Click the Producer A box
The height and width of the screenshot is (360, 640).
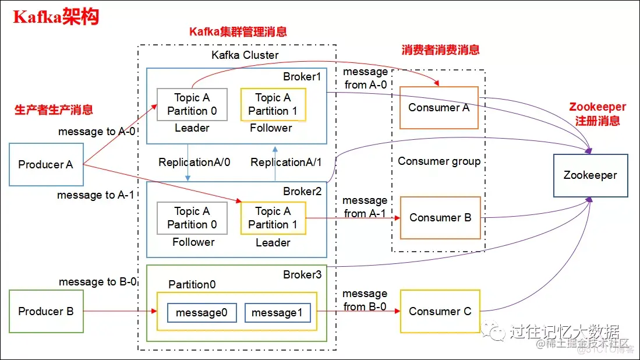(x=46, y=164)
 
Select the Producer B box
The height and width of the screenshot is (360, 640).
(x=46, y=311)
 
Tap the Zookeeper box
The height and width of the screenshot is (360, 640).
(x=590, y=175)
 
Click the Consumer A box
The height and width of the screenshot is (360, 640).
(x=439, y=108)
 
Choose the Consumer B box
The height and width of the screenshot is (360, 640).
(x=440, y=217)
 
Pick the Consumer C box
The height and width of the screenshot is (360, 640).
(x=440, y=311)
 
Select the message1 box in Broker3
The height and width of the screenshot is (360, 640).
(x=277, y=313)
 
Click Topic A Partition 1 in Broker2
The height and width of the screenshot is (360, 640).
(x=273, y=218)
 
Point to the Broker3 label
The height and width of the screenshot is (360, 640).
(x=302, y=275)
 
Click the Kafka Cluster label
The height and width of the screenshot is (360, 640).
(x=245, y=55)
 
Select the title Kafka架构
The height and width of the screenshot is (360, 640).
(x=56, y=17)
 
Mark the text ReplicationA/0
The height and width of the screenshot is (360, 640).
(x=194, y=163)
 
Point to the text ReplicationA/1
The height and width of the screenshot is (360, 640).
(x=286, y=163)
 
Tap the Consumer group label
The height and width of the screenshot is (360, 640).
(x=439, y=161)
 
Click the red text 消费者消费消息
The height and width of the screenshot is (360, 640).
(x=440, y=50)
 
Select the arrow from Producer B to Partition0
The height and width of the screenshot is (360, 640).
(x=120, y=312)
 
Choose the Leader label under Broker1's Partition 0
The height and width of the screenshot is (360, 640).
(x=192, y=128)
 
